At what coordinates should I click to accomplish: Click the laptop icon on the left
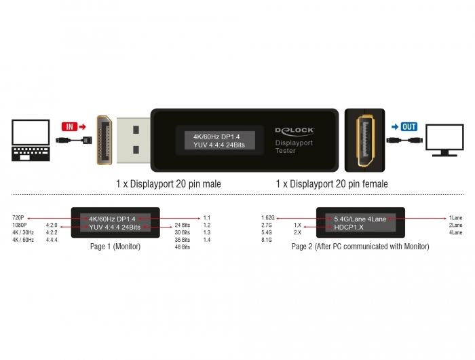[x=31, y=140]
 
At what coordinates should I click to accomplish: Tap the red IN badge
[x=69, y=126]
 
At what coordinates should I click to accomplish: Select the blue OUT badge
[x=409, y=126]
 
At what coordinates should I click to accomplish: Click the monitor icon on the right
[x=444, y=140]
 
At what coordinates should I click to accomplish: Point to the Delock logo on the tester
[x=294, y=130]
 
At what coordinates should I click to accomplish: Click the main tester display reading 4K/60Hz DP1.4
[x=220, y=141]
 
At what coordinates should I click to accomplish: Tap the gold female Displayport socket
[x=365, y=141]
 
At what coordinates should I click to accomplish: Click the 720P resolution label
[x=18, y=218]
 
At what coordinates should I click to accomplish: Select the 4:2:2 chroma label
[x=52, y=232]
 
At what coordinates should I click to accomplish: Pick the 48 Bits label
[x=183, y=247]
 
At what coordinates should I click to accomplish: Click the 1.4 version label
[x=207, y=240]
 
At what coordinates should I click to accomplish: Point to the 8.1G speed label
[x=267, y=240]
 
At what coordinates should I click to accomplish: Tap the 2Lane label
[x=455, y=225]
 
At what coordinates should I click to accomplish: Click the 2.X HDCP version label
[x=297, y=232]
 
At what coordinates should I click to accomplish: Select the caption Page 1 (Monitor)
[x=115, y=247]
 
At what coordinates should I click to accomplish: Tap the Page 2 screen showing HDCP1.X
[x=360, y=223]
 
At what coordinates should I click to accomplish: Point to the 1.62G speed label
[x=268, y=218]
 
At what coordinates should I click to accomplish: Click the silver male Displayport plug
[x=133, y=140]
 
